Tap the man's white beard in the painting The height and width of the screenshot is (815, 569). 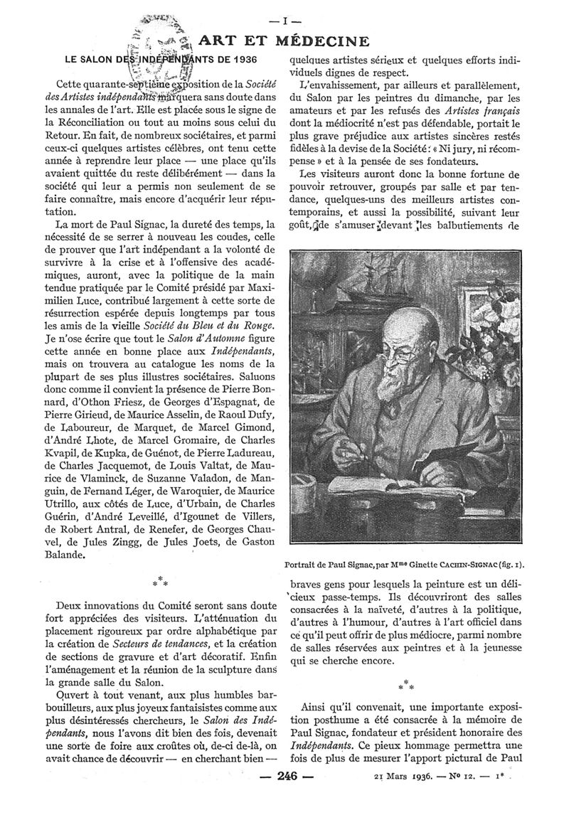click(x=391, y=388)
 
